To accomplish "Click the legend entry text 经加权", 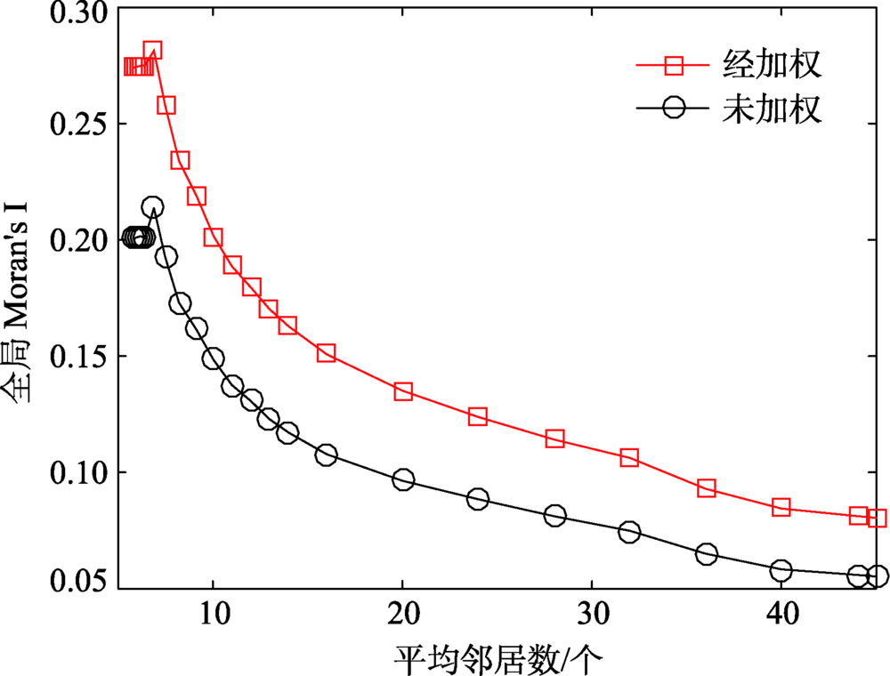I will pos(770,65).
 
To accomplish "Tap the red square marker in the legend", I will pos(675,65).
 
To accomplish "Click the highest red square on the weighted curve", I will pos(152,50).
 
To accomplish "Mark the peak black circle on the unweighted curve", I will pos(152,207).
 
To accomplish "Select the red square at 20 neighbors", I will pos(403,391).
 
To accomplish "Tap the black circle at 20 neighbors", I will pos(403,479).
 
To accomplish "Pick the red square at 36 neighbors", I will pos(707,487).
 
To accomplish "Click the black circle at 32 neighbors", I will pos(629,532).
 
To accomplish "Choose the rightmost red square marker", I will pos(877,518).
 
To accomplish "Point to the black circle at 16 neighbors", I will pos(327,455).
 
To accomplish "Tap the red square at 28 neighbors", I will pos(554,438).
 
